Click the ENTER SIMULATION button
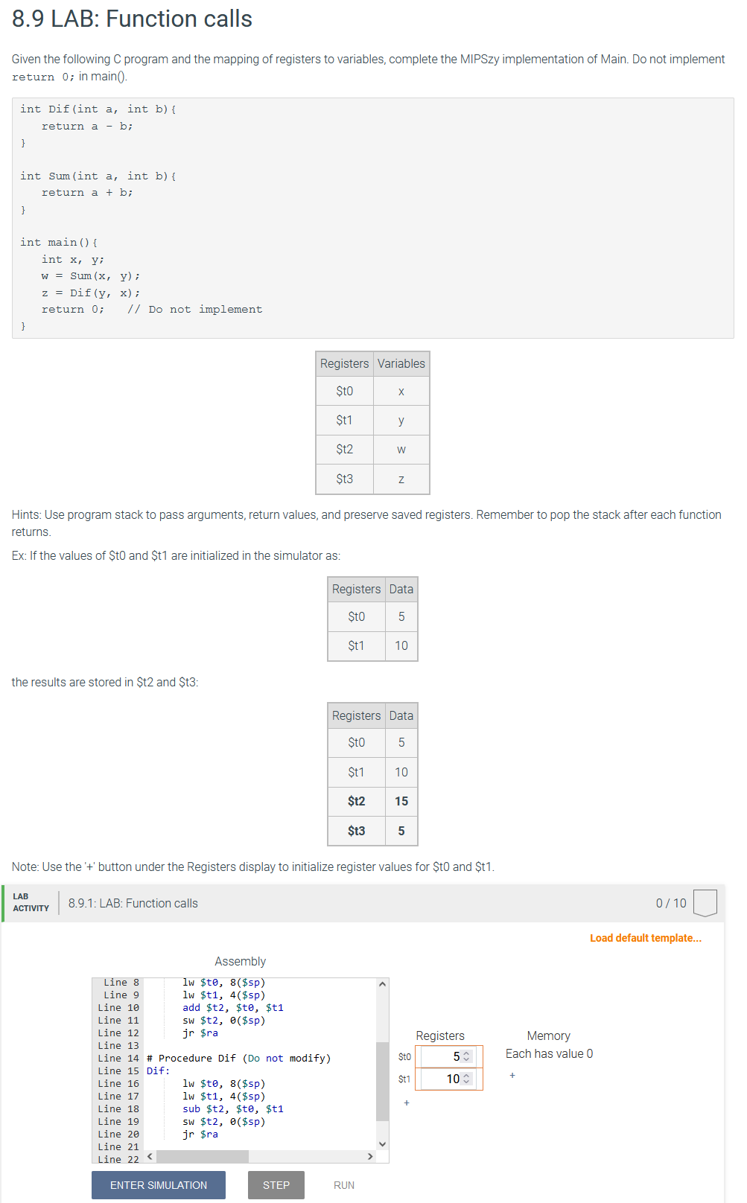click(158, 1185)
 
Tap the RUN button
click(343, 1185)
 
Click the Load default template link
click(645, 938)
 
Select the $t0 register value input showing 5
click(444, 1056)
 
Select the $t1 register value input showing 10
click(444, 1079)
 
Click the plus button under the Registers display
click(406, 1103)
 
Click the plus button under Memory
click(512, 1076)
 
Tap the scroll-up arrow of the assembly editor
click(382, 984)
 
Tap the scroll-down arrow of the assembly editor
click(382, 1144)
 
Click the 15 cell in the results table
click(401, 802)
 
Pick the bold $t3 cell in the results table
click(356, 831)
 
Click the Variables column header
click(401, 363)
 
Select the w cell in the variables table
click(401, 450)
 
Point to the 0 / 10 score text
click(670, 903)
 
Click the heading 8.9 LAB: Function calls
click(132, 19)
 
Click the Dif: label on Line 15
click(158, 1071)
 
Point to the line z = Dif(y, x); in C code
click(90, 293)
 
